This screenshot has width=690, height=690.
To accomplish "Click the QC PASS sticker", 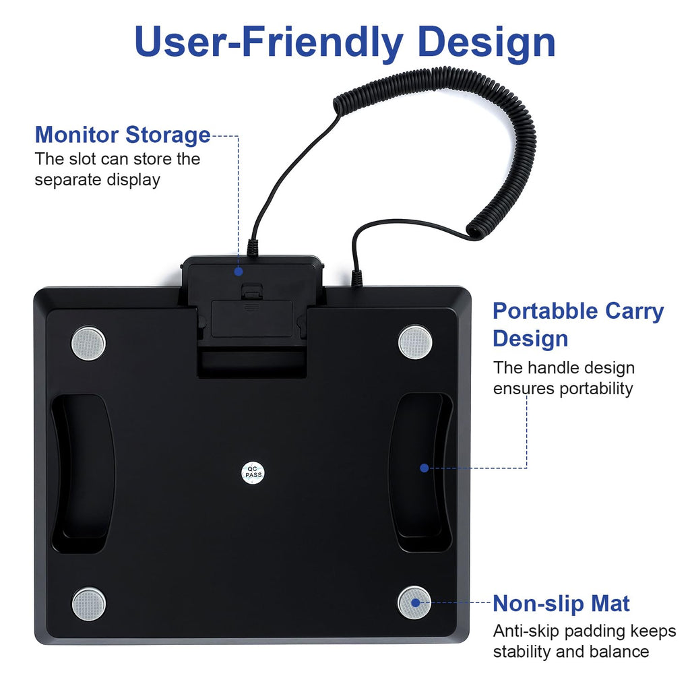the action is coord(253,472).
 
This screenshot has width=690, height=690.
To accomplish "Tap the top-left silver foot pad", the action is coord(88,343).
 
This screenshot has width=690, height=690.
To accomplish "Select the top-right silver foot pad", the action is coord(415,342).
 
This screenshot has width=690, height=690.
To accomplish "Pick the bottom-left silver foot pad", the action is coord(89,604).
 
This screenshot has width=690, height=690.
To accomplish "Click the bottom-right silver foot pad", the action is coord(414,602).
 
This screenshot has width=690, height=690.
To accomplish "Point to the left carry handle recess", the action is coord(83,474).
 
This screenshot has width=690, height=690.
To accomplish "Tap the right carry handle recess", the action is coord(420,472).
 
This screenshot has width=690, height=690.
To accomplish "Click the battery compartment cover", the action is coord(252,319).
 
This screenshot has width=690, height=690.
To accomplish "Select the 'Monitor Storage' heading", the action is coord(123,135).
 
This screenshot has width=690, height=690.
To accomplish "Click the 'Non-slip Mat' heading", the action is coord(561,603).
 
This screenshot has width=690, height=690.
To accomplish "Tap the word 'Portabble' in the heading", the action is coord(545,311).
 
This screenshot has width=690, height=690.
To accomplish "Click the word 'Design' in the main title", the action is coord(487,42).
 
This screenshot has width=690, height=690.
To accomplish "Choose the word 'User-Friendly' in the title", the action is coord(268,42).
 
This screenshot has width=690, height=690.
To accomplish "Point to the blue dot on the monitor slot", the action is coord(239,272).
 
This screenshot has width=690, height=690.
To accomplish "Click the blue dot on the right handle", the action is coord(425,468).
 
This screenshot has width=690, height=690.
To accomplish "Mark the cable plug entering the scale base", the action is coord(356,278).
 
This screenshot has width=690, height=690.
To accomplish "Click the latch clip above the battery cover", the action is coord(252,291).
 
